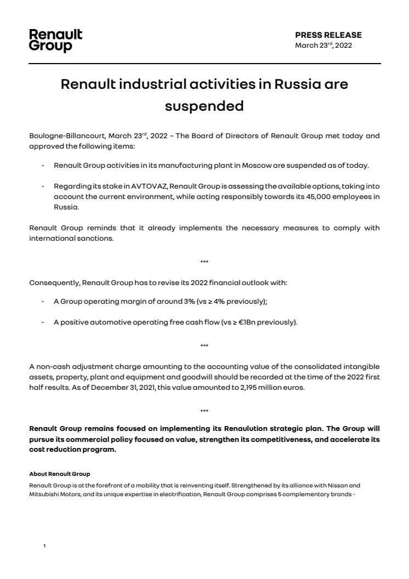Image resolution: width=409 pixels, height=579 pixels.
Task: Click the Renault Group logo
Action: (55, 41)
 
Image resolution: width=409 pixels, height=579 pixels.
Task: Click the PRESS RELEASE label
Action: (328, 35)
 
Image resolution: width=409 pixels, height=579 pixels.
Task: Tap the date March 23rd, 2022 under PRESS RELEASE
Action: (323, 46)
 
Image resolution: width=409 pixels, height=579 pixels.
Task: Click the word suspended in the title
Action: (204, 106)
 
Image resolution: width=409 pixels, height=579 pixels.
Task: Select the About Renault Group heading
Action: (59, 473)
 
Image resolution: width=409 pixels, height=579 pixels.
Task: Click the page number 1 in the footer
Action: (44, 546)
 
